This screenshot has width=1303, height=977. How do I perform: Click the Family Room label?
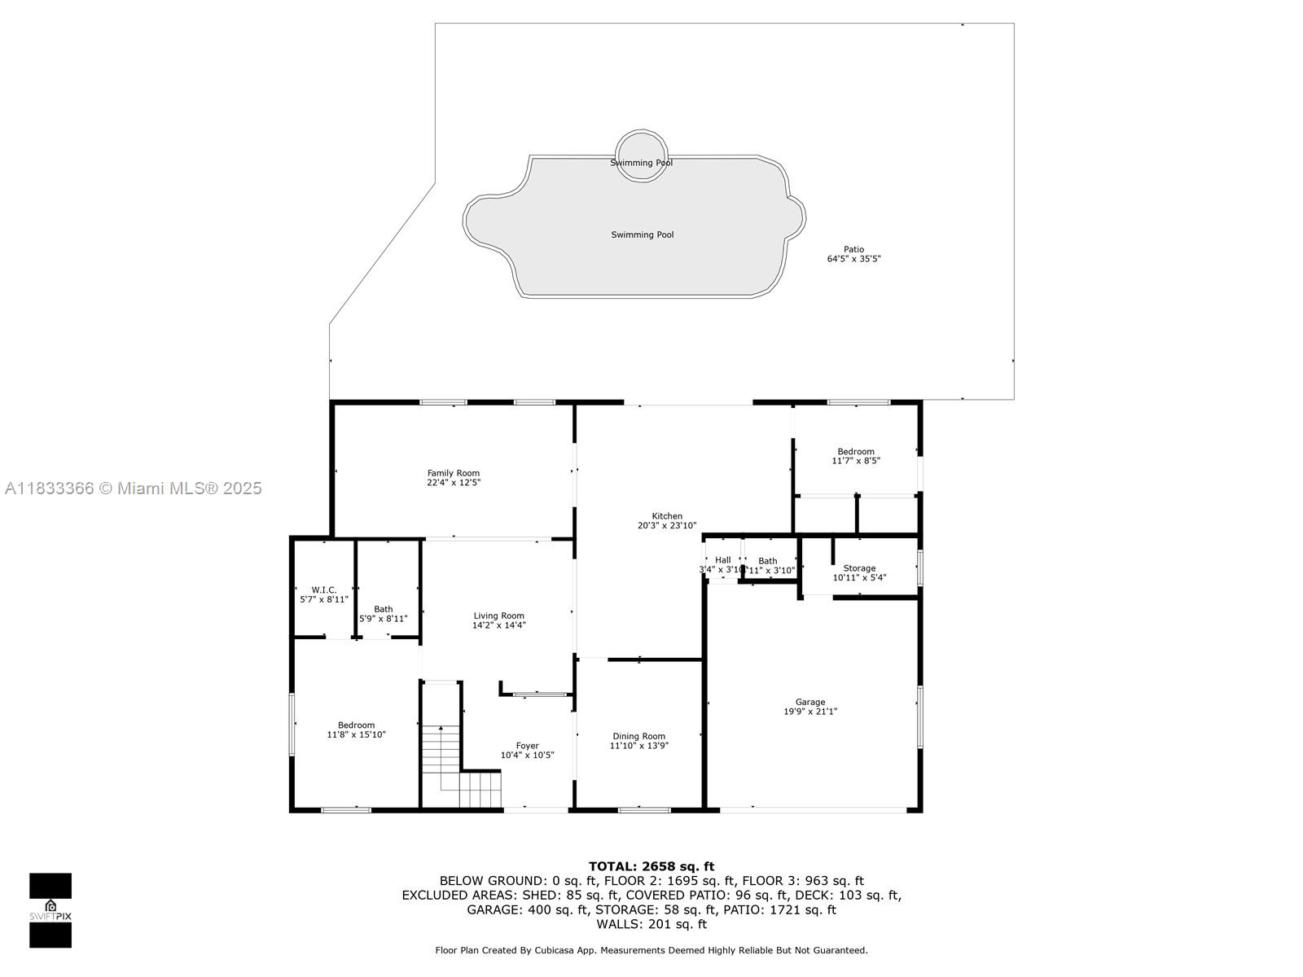(x=454, y=473)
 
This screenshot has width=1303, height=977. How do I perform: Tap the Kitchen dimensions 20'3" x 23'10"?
(x=667, y=526)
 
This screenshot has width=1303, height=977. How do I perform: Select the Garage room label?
(x=810, y=702)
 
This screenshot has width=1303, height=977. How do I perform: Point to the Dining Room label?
(x=638, y=736)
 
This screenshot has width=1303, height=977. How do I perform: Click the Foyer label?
(x=527, y=746)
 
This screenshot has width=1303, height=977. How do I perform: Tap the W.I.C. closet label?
(x=323, y=589)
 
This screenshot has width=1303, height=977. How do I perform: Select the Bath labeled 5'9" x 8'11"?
(x=384, y=614)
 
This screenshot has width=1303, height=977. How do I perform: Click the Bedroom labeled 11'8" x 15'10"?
(x=357, y=729)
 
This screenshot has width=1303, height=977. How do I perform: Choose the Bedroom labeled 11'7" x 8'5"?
(x=856, y=456)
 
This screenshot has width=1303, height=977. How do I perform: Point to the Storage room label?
(x=859, y=568)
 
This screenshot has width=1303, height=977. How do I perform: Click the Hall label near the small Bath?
(x=722, y=560)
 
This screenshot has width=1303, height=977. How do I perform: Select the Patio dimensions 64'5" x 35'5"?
(x=854, y=259)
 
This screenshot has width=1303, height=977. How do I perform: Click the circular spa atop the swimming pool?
(x=642, y=155)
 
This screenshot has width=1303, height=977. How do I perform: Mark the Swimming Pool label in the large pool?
(x=643, y=234)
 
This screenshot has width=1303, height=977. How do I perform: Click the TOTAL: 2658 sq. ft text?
(x=651, y=866)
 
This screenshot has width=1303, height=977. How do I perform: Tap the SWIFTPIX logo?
(x=50, y=910)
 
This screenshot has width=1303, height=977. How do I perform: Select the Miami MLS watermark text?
(x=133, y=488)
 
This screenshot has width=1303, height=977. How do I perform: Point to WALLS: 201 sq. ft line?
(x=651, y=924)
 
